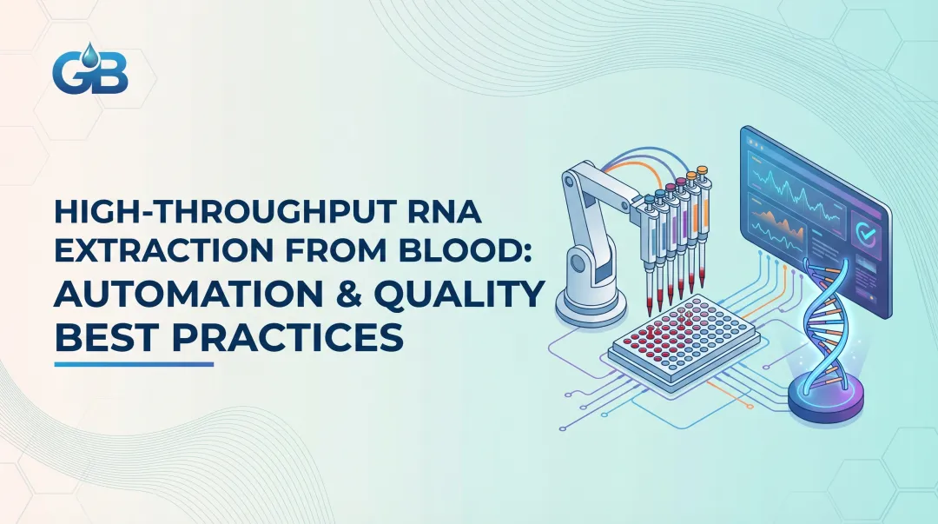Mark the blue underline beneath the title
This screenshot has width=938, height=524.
pyautogui.click(x=134, y=364)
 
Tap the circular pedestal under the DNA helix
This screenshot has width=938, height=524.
pyautogui.click(x=825, y=400)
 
